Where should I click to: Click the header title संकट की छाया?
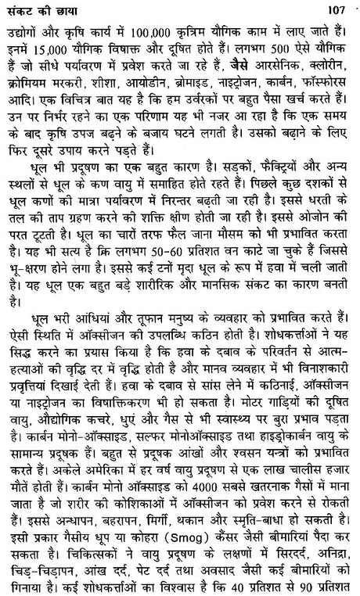(35, 9)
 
